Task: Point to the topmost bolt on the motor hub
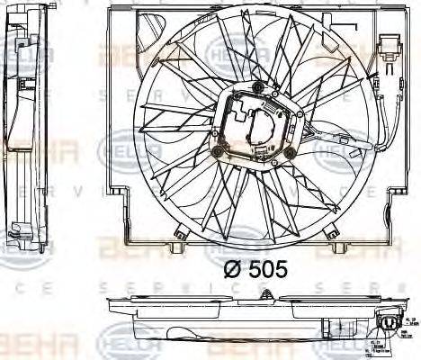pos(259,86)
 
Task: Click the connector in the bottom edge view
pos(390,325)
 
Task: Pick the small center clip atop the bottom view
pos(271,292)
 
